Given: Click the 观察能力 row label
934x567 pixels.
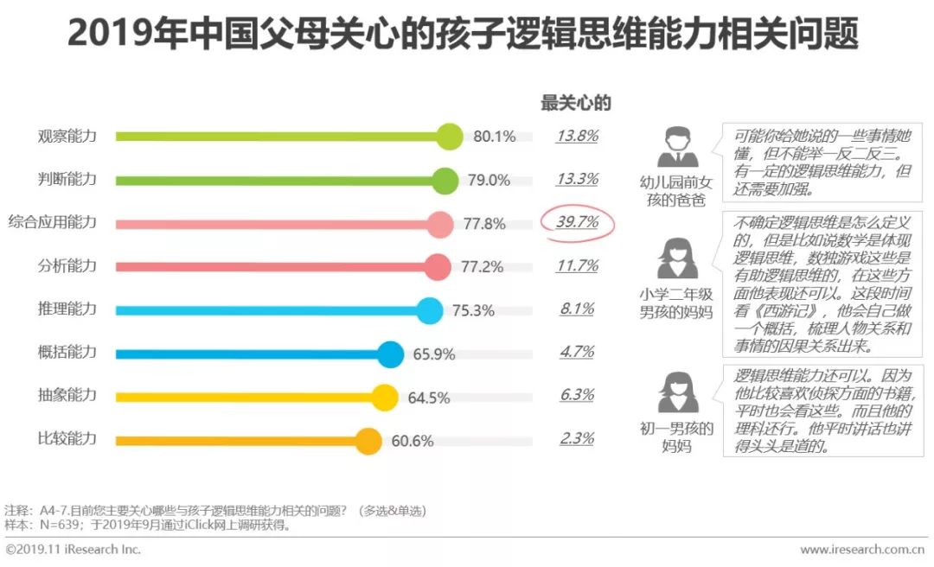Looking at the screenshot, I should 67,136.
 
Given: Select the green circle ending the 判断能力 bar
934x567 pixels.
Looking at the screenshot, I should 445,181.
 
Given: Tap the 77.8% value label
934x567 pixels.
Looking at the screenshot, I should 484,224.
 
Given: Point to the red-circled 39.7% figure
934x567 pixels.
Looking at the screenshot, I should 577,222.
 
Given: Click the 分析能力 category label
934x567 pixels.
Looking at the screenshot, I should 67,265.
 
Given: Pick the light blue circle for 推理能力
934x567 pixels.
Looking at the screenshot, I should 429,310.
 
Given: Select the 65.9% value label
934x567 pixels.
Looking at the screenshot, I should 435,354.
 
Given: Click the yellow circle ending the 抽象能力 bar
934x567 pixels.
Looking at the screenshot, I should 384,397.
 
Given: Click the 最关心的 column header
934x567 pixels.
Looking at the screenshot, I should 576,103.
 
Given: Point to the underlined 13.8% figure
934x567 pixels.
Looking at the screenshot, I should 577,136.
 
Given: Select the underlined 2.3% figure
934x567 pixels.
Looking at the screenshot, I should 577,438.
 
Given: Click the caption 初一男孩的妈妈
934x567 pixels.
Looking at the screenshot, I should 675,437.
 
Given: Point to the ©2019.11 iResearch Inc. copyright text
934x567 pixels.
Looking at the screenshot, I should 74,550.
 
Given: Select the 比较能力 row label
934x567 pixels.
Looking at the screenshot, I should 67,438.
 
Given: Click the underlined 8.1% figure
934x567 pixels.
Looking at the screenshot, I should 577,309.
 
